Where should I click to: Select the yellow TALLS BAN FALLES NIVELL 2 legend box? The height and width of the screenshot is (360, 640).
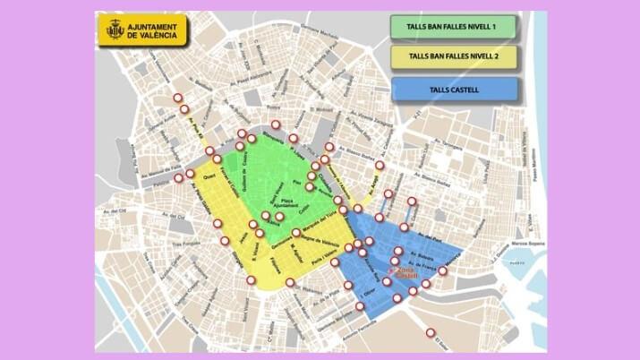[x=454, y=56]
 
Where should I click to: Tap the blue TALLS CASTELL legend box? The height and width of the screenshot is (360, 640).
[x=454, y=90]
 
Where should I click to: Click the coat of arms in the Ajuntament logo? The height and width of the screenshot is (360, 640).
[x=115, y=30]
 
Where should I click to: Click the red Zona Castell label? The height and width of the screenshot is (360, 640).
[x=405, y=271]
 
